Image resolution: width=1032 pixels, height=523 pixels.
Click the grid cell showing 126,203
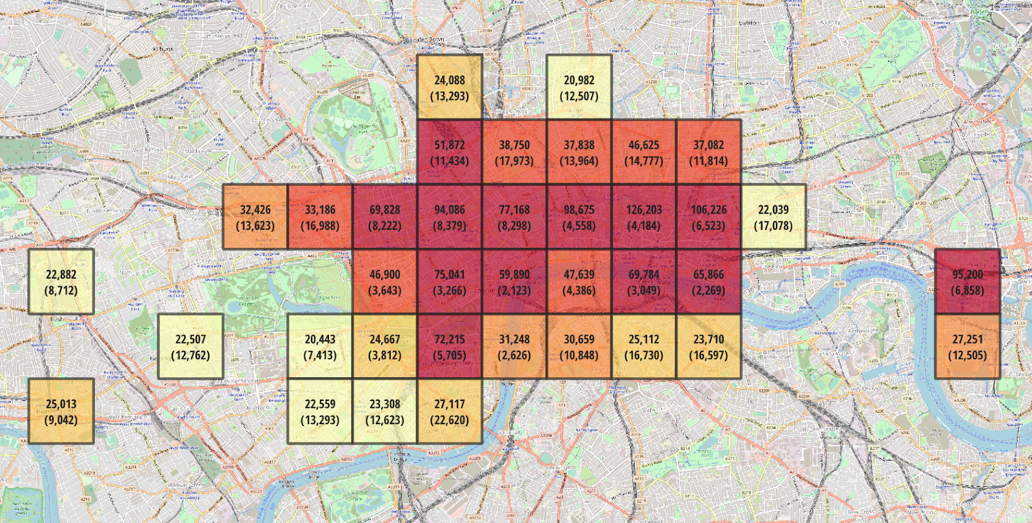(644, 217)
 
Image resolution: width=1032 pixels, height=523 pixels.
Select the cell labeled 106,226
(708, 217)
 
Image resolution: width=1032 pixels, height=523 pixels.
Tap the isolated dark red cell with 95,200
(967, 282)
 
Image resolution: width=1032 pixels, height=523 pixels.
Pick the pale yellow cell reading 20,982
(579, 87)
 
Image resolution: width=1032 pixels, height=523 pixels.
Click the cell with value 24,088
(450, 87)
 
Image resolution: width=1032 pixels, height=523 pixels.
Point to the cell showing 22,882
(61, 282)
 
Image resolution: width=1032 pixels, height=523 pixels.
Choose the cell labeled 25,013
(61, 411)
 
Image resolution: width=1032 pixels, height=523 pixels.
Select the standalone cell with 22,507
(190, 346)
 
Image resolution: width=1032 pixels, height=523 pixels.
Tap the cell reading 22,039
(773, 217)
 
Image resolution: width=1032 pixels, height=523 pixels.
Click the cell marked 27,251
(967, 346)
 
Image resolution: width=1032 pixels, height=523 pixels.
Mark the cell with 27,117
(450, 411)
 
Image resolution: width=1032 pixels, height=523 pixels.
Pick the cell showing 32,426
(255, 217)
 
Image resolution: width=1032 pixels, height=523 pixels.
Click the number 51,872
(450, 145)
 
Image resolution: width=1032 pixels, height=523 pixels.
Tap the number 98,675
(579, 210)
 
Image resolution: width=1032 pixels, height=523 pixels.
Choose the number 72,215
(450, 340)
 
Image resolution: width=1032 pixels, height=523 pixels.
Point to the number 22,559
(320, 404)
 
